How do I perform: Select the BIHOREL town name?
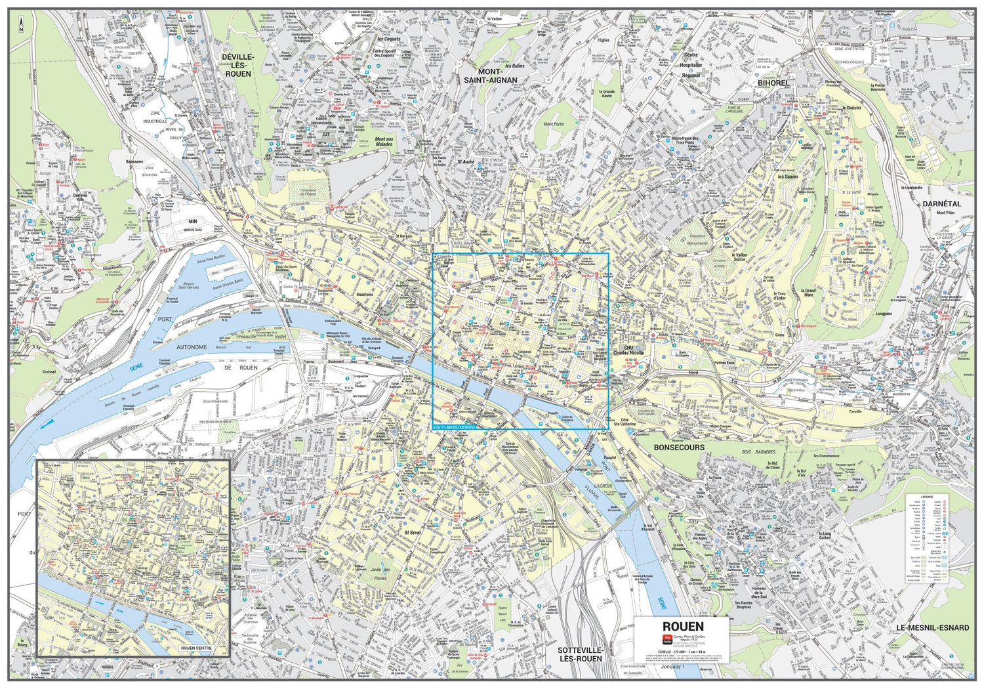click(x=773, y=83)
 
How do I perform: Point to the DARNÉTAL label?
click(x=941, y=204)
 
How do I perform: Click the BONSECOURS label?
click(x=679, y=448)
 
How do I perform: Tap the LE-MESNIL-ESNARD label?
click(x=932, y=628)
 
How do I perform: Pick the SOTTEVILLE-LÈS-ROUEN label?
click(x=580, y=654)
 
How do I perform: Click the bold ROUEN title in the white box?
click(x=683, y=627)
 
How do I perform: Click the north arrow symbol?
click(x=21, y=26)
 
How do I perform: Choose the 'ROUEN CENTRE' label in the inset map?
click(x=195, y=649)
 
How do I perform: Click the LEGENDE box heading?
click(x=927, y=497)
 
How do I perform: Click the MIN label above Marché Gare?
click(x=193, y=222)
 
